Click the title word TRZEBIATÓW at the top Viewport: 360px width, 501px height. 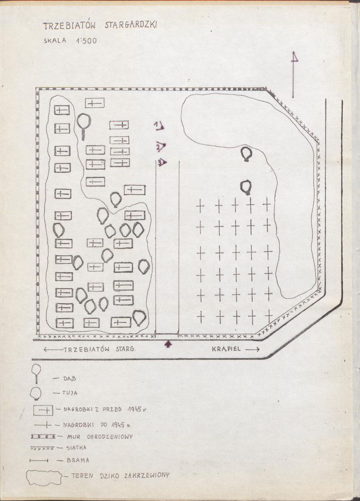pyautogui.click(x=69, y=26)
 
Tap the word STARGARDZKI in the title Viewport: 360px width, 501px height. pyautogui.click(x=131, y=25)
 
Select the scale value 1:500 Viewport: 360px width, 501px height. pyautogui.click(x=86, y=41)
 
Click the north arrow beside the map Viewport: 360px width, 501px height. pyautogui.click(x=293, y=75)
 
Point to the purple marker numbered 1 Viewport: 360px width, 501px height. pyautogui.click(x=159, y=126)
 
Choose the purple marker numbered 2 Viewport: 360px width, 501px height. pyautogui.click(x=161, y=147)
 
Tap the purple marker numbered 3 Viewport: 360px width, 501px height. pyautogui.click(x=162, y=162)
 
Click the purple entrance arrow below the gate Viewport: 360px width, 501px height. pyautogui.click(x=168, y=344)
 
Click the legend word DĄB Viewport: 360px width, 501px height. pyautogui.click(x=70, y=379)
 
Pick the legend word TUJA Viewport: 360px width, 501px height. pyautogui.click(x=70, y=393)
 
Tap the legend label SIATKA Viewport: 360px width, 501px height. pyautogui.click(x=76, y=448)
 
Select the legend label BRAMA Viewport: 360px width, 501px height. pyautogui.click(x=78, y=460)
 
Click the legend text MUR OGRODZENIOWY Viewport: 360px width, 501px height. pyautogui.click(x=100, y=437)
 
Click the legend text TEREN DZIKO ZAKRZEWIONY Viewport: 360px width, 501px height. pyautogui.click(x=120, y=476)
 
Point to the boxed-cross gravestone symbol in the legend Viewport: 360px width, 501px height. pyautogui.click(x=43, y=410)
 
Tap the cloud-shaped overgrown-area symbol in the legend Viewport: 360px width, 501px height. pyautogui.click(x=44, y=477)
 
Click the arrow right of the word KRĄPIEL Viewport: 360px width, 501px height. pyautogui.click(x=253, y=350)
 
